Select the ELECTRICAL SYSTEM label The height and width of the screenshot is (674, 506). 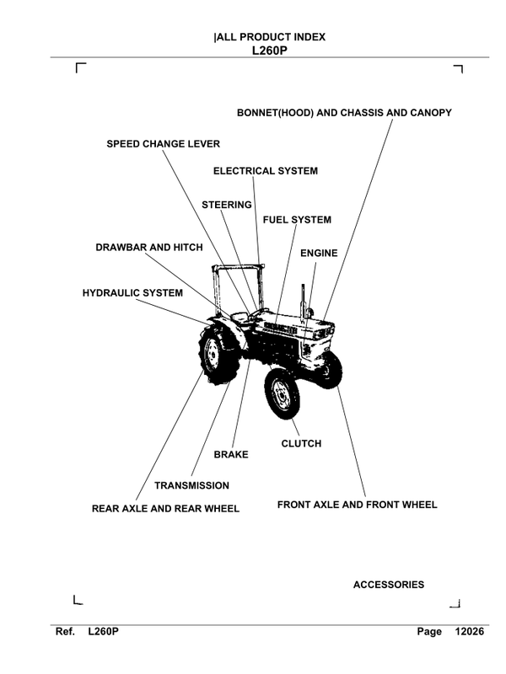[x=265, y=171]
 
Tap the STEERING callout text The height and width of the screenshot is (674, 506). [x=227, y=205]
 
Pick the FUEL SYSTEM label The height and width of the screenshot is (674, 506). [x=297, y=220]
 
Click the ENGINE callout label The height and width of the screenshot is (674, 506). [x=319, y=253]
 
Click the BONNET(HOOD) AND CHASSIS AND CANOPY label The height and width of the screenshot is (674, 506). [x=356, y=112]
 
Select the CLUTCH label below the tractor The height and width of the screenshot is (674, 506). [x=300, y=442]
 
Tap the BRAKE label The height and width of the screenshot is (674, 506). [x=230, y=455]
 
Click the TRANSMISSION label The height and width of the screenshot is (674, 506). [x=191, y=485]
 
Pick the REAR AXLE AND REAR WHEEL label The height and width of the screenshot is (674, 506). [x=165, y=508]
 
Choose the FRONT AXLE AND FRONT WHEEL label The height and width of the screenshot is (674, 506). [x=357, y=505]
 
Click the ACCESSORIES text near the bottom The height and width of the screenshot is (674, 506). [x=388, y=585]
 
